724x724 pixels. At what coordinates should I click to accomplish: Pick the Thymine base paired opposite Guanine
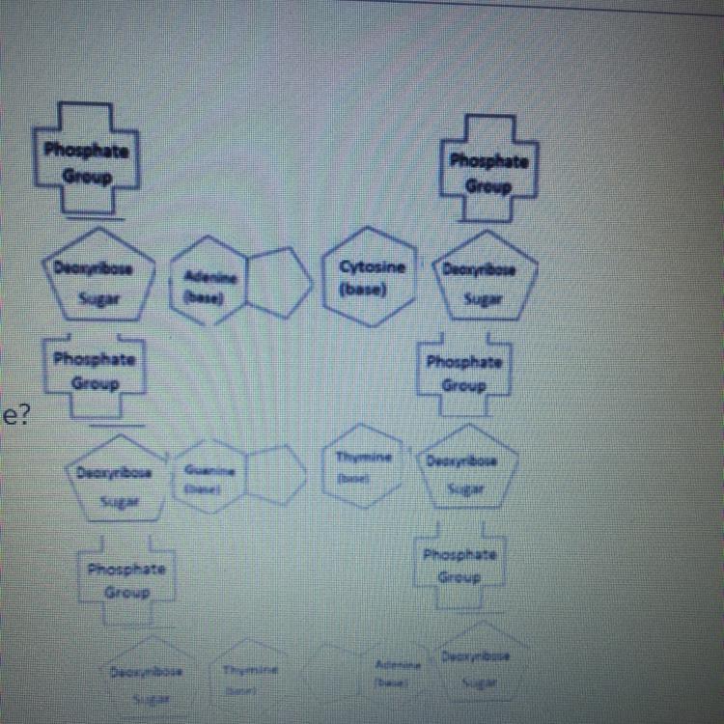[x=358, y=465]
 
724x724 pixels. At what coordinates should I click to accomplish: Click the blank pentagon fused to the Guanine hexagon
[x=275, y=474]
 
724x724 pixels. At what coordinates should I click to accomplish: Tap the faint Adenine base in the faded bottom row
[x=393, y=669]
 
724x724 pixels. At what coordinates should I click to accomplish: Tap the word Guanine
[x=210, y=467]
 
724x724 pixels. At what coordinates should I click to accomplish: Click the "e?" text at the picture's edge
[x=12, y=417]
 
